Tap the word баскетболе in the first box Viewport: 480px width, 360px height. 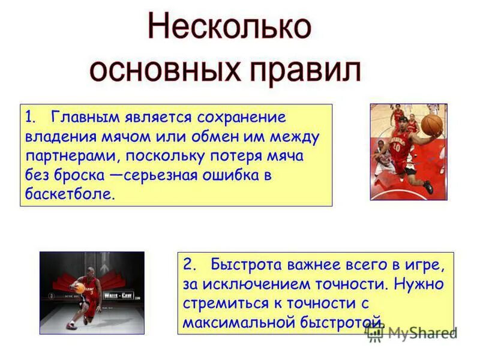[x=69, y=195]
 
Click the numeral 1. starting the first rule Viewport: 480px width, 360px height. [x=31, y=117]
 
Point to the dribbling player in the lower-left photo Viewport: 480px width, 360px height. [x=85, y=295]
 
